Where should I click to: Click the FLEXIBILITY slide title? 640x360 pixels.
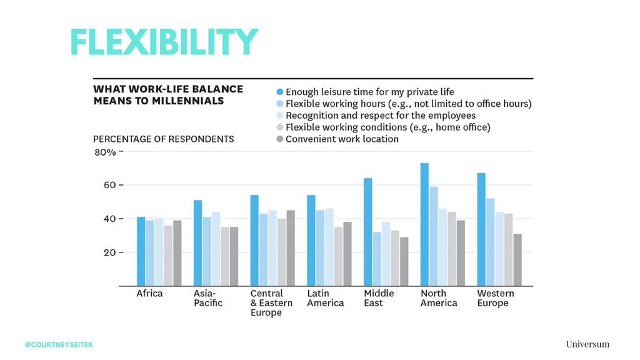point(164,42)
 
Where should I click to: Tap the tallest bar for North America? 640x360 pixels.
point(424,224)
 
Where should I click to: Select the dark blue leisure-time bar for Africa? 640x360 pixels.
point(141,251)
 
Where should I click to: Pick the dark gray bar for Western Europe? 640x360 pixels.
point(517,259)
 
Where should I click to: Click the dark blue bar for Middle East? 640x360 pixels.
point(367,232)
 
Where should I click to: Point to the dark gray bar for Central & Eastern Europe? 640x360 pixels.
point(291,248)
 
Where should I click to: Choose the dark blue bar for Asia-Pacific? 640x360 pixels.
point(197,243)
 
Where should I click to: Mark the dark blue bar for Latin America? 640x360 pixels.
point(311,241)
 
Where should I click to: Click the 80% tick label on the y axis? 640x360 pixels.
point(105,152)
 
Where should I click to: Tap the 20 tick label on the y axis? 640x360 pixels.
point(109,252)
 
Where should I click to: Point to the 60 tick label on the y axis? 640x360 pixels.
point(109,185)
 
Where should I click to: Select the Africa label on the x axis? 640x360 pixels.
point(149,294)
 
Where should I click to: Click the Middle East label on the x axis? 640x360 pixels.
point(379,298)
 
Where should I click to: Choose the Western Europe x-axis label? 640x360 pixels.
point(496,298)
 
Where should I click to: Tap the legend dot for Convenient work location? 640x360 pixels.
point(279,139)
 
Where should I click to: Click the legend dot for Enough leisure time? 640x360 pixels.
point(279,92)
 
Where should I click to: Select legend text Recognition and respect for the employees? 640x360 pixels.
point(381,116)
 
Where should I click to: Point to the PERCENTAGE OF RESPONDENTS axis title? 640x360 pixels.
point(164,139)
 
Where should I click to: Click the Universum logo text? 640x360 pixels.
point(587,344)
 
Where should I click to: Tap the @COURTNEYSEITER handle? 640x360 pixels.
point(59,345)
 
